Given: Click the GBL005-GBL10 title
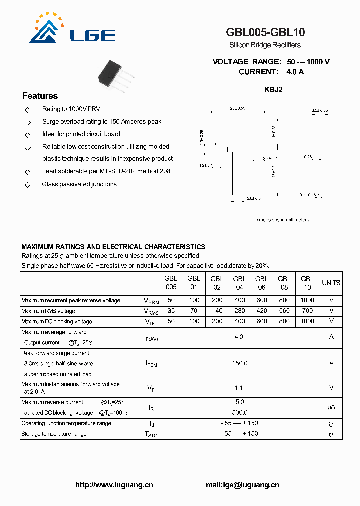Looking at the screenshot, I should (265, 32).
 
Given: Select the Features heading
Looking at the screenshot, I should (40, 96).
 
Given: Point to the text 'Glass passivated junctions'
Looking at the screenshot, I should (79, 184).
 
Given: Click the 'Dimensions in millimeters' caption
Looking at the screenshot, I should (281, 220).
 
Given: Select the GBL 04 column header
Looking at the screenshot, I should (239, 283).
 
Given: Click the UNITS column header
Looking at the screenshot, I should (331, 283).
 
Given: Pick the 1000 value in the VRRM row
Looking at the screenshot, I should (307, 300).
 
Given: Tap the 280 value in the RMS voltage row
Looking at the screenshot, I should (239, 311).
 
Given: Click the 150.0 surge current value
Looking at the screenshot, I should (239, 363).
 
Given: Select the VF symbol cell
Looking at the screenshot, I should (150, 388).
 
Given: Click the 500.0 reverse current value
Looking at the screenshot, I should (239, 412).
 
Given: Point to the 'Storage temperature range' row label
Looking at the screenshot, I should (54, 434).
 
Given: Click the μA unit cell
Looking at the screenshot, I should (331, 407).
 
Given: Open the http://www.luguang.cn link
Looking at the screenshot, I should (114, 485).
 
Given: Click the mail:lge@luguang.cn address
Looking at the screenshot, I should (242, 485).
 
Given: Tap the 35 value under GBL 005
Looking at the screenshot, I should (171, 311).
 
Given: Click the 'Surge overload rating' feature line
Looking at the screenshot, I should (102, 122).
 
